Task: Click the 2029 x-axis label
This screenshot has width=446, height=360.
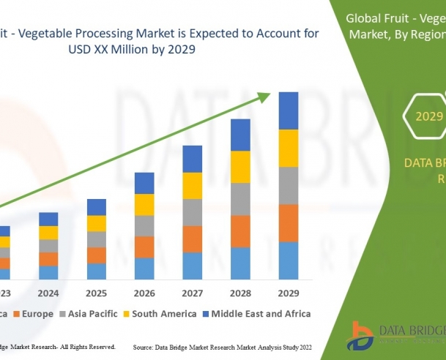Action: coord(289,293)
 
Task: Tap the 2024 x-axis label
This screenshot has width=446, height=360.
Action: coord(48,293)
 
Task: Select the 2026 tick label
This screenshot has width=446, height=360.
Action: coord(144,293)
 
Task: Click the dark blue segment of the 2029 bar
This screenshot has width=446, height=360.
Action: coord(289,110)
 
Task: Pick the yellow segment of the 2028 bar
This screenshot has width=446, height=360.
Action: coord(240,167)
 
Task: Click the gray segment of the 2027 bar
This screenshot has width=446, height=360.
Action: coord(193,212)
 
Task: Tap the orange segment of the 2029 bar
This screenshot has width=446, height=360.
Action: coord(289,223)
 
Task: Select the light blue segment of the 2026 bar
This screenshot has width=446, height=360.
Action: coord(144,269)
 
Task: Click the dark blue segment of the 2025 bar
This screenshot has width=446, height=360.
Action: coord(97,207)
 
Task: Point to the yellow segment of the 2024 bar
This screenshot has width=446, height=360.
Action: coord(48,233)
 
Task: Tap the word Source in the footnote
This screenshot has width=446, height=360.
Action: coord(144,346)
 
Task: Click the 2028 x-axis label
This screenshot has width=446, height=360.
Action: coord(240,293)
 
